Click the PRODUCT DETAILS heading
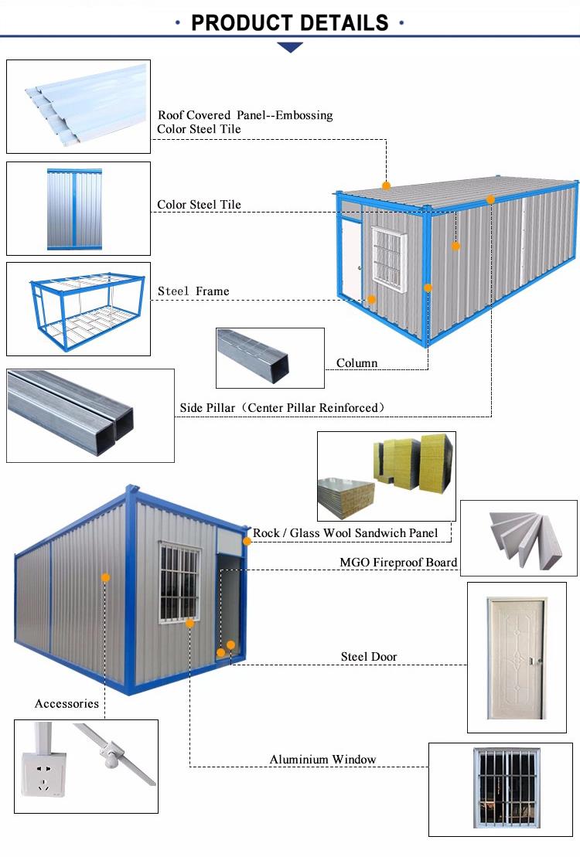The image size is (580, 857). (289, 23)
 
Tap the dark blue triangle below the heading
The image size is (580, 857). (290, 48)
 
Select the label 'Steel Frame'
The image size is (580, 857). (193, 291)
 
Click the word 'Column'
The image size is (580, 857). (357, 363)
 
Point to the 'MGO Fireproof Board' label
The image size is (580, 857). (398, 563)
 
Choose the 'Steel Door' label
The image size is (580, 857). (369, 656)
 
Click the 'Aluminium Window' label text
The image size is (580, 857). (322, 759)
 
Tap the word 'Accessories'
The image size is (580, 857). (67, 703)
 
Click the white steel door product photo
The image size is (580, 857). (516, 658)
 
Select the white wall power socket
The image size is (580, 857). (44, 774)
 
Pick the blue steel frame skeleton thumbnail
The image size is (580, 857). (87, 311)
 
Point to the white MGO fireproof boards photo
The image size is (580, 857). (525, 540)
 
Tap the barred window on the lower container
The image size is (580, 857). (179, 583)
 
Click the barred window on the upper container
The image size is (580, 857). (390, 259)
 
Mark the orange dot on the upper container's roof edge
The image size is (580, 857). (387, 185)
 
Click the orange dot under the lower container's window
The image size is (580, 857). (189, 623)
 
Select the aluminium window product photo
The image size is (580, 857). (507, 789)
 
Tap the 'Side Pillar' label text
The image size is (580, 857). (207, 408)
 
